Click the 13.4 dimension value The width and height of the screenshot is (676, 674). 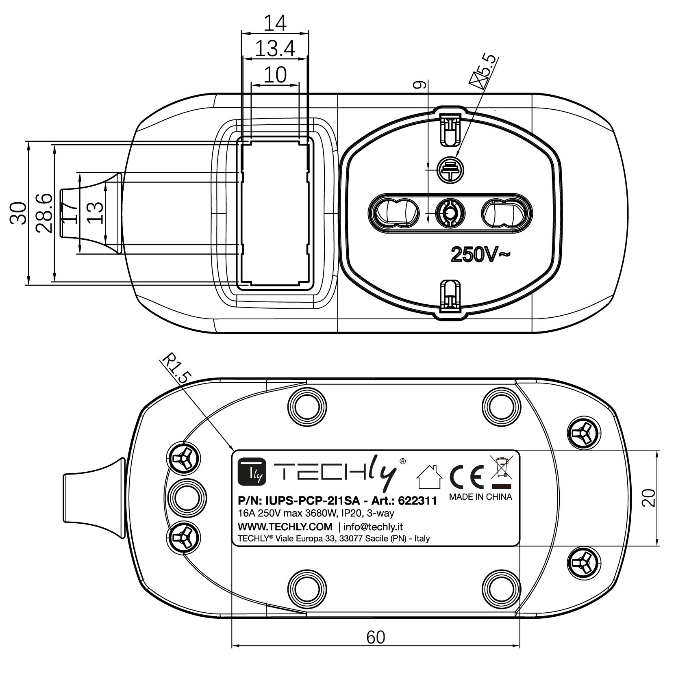tap(274, 49)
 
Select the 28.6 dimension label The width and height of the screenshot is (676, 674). tap(44, 212)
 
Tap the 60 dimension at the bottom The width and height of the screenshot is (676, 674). tap(375, 637)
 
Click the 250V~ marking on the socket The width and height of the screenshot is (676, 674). tap(480, 255)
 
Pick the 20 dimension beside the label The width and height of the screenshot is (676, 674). tap(650, 497)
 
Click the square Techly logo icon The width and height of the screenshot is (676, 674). tap(252, 472)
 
